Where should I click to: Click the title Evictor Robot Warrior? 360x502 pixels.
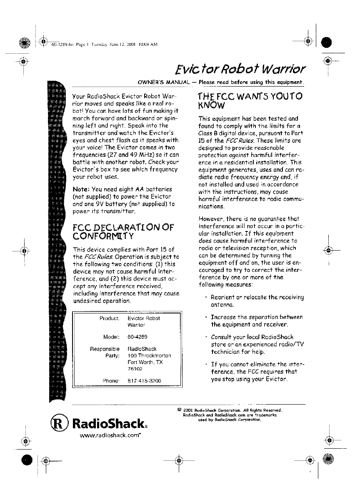click(x=241, y=68)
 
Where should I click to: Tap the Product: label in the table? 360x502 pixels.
click(x=110, y=318)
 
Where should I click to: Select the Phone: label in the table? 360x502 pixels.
click(x=111, y=380)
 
